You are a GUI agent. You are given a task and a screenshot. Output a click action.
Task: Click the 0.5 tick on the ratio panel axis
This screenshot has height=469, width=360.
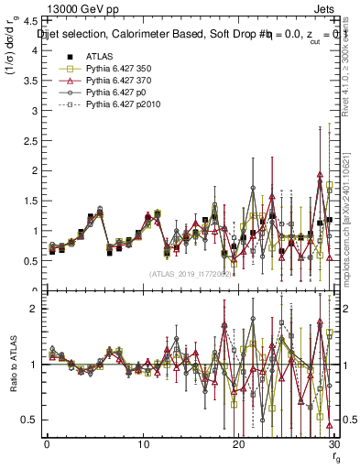pyautogui.click(x=34, y=420)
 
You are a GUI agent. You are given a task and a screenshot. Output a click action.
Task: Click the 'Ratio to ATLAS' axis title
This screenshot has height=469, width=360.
pyautogui.click(x=11, y=364)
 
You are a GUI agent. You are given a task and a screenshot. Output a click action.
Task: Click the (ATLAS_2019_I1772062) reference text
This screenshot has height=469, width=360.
pyautogui.click(x=190, y=273)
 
